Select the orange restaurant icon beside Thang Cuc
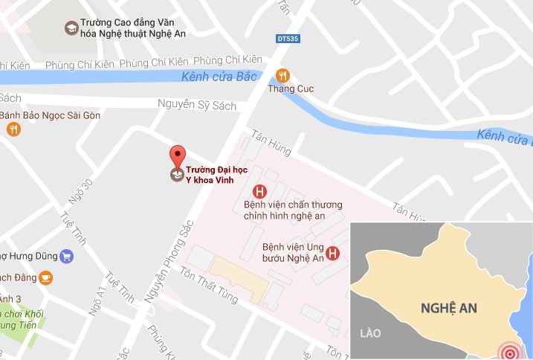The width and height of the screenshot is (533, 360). pyautogui.click(x=282, y=75)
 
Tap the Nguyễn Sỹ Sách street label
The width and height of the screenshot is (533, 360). pyautogui.click(x=197, y=106)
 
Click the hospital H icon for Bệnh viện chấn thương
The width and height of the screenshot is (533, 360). pyautogui.click(x=259, y=190)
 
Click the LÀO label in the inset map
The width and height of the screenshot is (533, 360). pyautogui.click(x=369, y=334)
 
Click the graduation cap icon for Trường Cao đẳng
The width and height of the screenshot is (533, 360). pyautogui.click(x=71, y=28)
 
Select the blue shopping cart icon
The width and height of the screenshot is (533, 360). pyautogui.click(x=66, y=256)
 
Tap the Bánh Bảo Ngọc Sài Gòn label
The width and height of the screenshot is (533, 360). pyautogui.click(x=50, y=115)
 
